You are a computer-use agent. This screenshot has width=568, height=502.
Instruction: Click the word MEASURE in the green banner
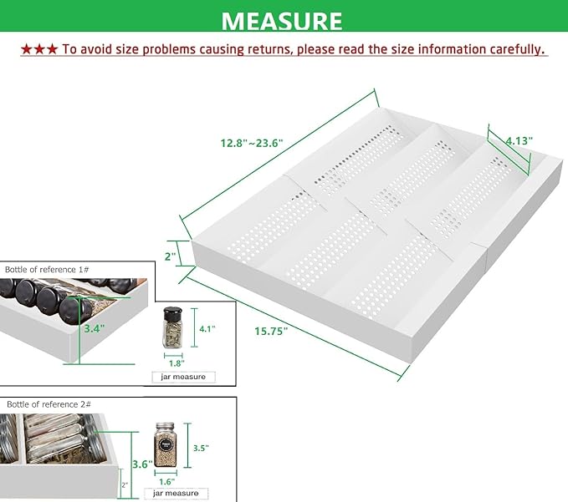(282, 21)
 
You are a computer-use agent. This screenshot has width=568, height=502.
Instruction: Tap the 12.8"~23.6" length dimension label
(252, 143)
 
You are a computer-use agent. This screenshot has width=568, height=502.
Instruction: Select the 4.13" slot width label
(519, 140)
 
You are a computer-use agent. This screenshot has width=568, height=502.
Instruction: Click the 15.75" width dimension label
(271, 331)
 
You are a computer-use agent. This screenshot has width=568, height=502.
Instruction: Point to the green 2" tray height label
(171, 256)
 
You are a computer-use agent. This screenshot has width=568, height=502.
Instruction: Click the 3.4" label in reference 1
(95, 328)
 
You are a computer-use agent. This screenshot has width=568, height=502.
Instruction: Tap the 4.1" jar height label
(207, 329)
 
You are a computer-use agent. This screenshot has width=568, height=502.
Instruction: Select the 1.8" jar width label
(177, 363)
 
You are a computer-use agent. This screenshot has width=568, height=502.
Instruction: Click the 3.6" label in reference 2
(142, 464)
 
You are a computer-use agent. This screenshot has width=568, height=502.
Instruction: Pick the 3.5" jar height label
(201, 448)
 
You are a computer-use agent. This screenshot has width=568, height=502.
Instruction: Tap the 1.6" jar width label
(167, 482)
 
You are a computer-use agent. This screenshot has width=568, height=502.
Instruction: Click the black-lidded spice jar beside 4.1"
(172, 327)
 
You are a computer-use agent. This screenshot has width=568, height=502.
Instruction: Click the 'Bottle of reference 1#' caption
(47, 270)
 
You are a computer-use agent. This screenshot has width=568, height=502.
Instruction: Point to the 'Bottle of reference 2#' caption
(49, 404)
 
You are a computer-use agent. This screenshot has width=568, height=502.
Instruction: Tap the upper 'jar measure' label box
(183, 377)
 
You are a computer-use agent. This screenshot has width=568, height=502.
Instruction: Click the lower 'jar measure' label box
(176, 494)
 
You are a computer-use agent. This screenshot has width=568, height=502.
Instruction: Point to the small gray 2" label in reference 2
(125, 485)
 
